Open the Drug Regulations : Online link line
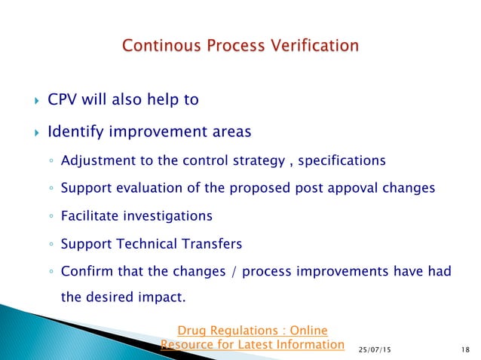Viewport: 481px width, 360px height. pyautogui.click(x=252, y=330)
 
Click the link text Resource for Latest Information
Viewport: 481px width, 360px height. pyautogui.click(x=252, y=344)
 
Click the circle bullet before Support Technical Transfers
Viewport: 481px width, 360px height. pyautogui.click(x=47, y=245)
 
